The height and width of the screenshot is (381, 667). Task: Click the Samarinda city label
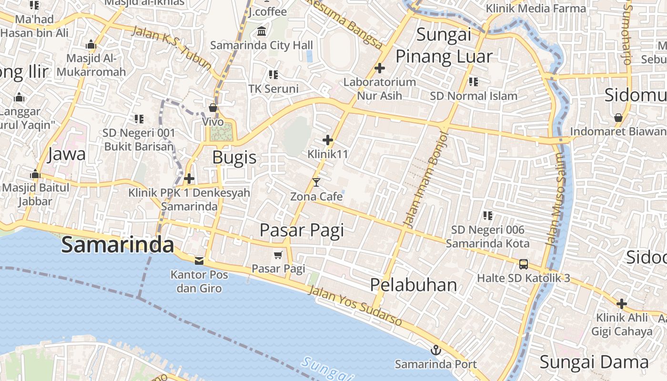pos(117,245)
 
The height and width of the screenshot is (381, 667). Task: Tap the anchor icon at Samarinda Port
pos(435,351)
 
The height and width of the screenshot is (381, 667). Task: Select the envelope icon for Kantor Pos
pos(199,260)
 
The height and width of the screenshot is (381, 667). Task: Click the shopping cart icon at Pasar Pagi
pos(278,255)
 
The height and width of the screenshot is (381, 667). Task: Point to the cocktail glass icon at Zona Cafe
pos(316,182)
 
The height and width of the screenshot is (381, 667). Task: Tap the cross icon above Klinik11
pos(327,140)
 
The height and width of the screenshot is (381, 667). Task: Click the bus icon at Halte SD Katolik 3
pos(523,264)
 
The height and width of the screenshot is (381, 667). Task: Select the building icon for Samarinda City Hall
pos(262,31)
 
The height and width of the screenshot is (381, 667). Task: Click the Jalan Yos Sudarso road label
pos(355,306)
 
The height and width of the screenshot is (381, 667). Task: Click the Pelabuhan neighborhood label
pos(414,285)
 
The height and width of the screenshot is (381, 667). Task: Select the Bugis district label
pos(234,157)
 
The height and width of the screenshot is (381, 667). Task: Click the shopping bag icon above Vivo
pos(213,108)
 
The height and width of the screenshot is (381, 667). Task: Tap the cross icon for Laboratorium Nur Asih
pos(379,68)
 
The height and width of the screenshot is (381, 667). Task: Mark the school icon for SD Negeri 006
pos(487,216)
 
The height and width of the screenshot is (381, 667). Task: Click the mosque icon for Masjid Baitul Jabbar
pos(35,173)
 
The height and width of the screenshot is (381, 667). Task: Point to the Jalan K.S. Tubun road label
pos(171,48)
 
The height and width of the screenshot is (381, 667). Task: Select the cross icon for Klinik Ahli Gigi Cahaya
pos(621,303)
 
